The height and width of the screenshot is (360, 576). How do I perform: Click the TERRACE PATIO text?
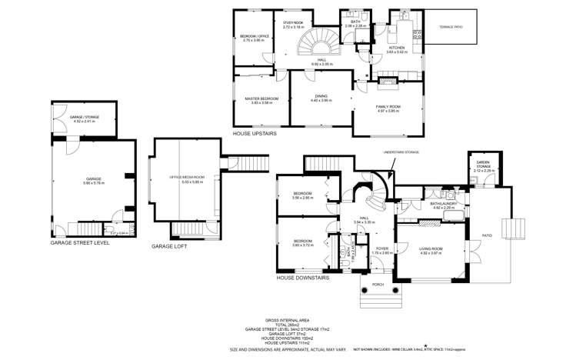point(451,28)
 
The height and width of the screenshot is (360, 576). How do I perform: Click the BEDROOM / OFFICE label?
point(253,37)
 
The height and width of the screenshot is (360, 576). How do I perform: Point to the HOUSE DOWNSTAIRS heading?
point(302,277)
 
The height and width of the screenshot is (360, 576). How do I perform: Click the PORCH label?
point(378,284)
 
